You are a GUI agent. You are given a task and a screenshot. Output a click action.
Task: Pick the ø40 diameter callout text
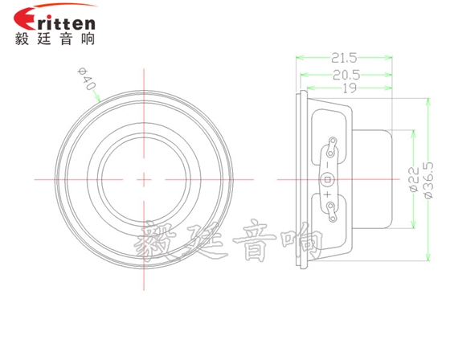(87, 80)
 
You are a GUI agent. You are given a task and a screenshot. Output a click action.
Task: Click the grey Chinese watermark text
(229, 242)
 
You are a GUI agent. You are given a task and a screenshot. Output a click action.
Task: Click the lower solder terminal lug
(329, 209)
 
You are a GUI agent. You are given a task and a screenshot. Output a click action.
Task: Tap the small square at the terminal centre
(328, 178)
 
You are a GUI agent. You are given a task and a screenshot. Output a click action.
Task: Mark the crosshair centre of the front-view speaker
(145, 178)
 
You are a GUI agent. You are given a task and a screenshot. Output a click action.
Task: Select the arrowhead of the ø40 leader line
(100, 99)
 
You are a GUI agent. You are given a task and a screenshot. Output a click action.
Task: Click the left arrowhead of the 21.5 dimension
(300, 58)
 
